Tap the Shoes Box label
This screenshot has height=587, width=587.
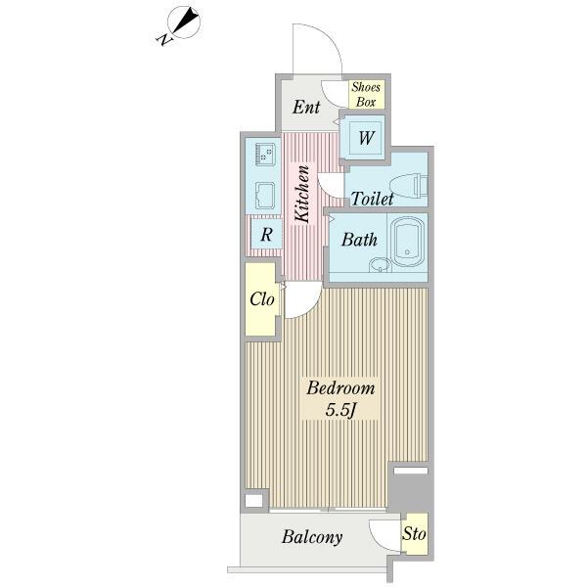[366, 94]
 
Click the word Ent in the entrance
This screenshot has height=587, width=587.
[306, 108]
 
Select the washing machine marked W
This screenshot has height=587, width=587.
[365, 137]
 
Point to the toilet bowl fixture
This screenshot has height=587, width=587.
[408, 186]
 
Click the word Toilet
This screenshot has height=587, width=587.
[373, 199]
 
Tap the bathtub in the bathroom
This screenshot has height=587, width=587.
[407, 242]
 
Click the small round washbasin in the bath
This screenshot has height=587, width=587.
[380, 265]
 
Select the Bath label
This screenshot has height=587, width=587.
[359, 240]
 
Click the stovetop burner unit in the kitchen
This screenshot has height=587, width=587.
[265, 155]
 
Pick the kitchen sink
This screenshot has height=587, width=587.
[265, 195]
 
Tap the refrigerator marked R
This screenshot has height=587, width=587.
[266, 235]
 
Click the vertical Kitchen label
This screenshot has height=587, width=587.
[301, 194]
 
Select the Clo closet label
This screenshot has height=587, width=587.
[262, 299]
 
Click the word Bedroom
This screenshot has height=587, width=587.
[340, 387]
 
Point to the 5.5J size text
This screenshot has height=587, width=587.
[339, 410]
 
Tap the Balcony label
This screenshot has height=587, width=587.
[312, 537]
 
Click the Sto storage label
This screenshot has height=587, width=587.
[414, 533]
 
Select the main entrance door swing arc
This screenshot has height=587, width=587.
[330, 37]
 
